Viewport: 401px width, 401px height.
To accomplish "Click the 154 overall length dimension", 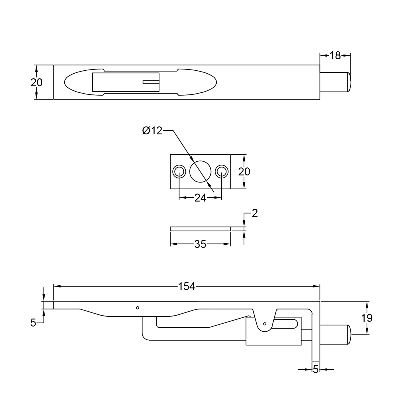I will (x=186, y=286).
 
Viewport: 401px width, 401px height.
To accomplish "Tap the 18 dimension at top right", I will (x=335, y=56).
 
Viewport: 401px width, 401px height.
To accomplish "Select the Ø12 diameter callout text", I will (x=152, y=131).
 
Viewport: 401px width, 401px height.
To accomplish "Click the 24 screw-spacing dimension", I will (x=200, y=198).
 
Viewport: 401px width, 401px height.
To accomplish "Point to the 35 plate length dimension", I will (x=200, y=244).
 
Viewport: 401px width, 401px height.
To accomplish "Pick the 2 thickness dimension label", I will (x=255, y=213).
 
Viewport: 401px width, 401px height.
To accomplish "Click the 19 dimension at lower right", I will (x=367, y=318).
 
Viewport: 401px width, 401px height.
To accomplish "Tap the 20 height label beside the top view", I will (x=36, y=82).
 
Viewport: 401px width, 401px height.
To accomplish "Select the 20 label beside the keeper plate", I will (x=244, y=172).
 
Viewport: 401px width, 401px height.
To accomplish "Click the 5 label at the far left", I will (x=33, y=323).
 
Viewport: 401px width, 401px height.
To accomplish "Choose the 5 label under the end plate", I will (x=316, y=369).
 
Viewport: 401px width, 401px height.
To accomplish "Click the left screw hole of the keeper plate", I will (x=179, y=172).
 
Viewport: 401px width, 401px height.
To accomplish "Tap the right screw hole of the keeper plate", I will (x=222, y=172).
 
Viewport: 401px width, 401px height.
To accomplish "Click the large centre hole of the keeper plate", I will (x=200, y=172).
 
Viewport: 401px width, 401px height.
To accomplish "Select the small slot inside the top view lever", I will (x=151, y=82).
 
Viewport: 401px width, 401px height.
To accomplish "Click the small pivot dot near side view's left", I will (x=137, y=308).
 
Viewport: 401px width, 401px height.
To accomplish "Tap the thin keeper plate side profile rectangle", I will (x=200, y=229).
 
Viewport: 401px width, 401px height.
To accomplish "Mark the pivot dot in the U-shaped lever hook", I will (x=265, y=324).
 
